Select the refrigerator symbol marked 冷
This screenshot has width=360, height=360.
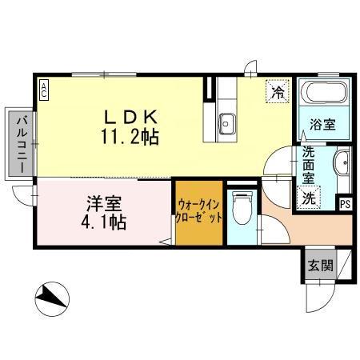(278, 92)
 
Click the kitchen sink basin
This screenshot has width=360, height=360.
(226, 123)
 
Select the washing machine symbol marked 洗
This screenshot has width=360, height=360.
(308, 196)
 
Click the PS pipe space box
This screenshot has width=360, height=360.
(345, 203)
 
